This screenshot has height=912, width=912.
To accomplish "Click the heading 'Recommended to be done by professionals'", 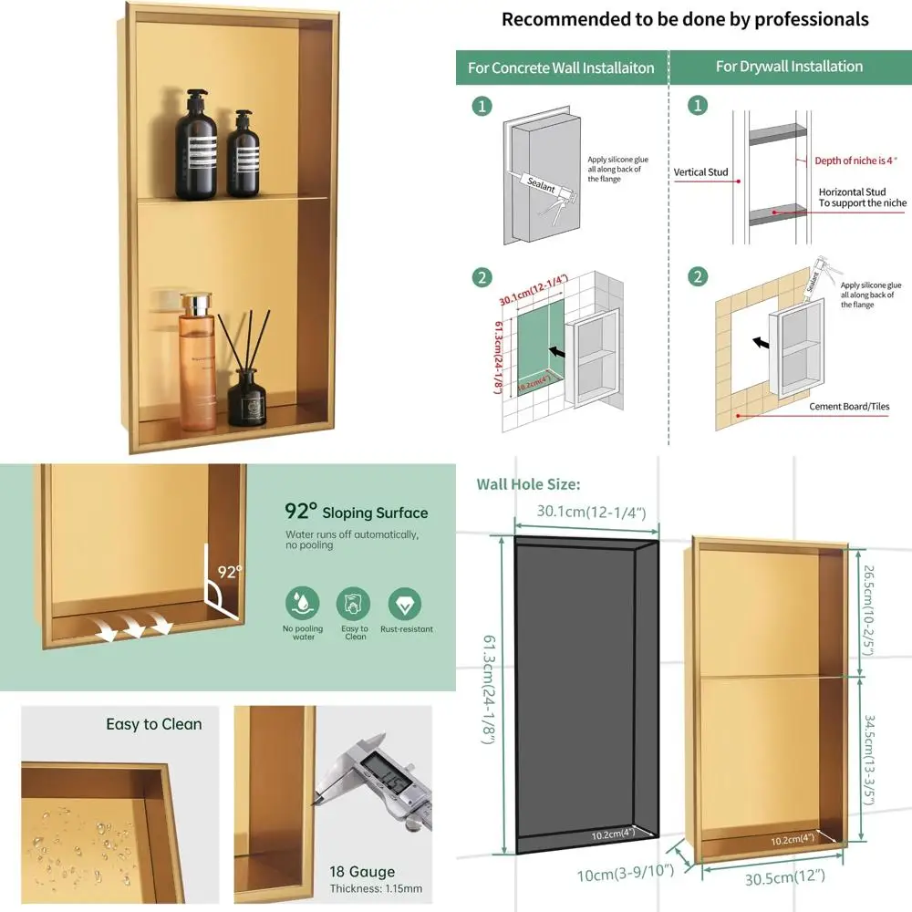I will pyautogui.click(x=684, y=19).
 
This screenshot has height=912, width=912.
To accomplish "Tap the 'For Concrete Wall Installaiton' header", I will pyautogui.click(x=562, y=67).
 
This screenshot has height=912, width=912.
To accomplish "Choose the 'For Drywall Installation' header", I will pyautogui.click(x=789, y=67).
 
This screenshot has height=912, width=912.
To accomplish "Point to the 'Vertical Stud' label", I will pyautogui.click(x=700, y=172).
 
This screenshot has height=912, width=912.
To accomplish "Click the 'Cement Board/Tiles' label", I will pyautogui.click(x=849, y=407).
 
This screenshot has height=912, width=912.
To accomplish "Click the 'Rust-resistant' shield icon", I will pyautogui.click(x=405, y=603).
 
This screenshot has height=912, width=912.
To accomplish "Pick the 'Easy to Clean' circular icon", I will pyautogui.click(x=354, y=603).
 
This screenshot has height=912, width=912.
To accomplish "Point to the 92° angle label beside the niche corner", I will pyautogui.click(x=231, y=573).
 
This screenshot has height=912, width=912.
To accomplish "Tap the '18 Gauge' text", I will pyautogui.click(x=362, y=872).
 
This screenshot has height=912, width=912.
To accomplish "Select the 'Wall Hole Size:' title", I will pyautogui.click(x=528, y=484).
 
